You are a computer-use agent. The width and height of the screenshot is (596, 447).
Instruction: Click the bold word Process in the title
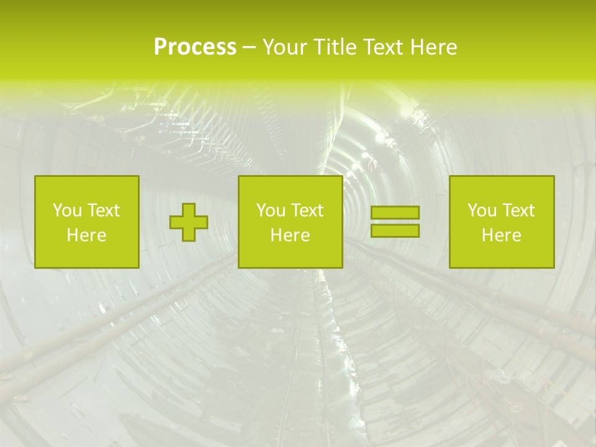pyautogui.click(x=195, y=47)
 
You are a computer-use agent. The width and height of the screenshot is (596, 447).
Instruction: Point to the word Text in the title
pyautogui.click(x=384, y=47)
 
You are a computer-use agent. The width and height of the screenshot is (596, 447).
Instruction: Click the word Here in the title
pyautogui.click(x=434, y=47)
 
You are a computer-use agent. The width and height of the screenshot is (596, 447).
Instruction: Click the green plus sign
pyautogui.click(x=189, y=222)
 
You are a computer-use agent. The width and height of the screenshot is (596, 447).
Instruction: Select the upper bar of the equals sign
pyautogui.click(x=395, y=212)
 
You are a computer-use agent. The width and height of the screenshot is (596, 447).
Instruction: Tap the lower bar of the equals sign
pyautogui.click(x=395, y=231)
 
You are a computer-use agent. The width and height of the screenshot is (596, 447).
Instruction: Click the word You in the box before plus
pyautogui.click(x=67, y=210)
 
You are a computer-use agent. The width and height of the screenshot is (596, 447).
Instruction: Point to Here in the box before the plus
pyautogui.click(x=87, y=235)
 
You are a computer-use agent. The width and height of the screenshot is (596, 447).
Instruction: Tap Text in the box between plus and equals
pyautogui.click(x=307, y=210)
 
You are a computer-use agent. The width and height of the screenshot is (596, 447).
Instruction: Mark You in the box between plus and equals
pyautogui.click(x=271, y=210)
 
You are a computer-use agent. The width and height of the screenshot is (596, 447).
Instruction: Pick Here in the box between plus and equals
pyautogui.click(x=291, y=235)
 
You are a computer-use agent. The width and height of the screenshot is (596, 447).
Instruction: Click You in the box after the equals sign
pyautogui.click(x=482, y=210)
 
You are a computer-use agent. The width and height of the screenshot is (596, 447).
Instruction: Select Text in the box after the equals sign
pyautogui.click(x=518, y=210)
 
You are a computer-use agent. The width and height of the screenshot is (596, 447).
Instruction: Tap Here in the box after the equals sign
pyautogui.click(x=502, y=235)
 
